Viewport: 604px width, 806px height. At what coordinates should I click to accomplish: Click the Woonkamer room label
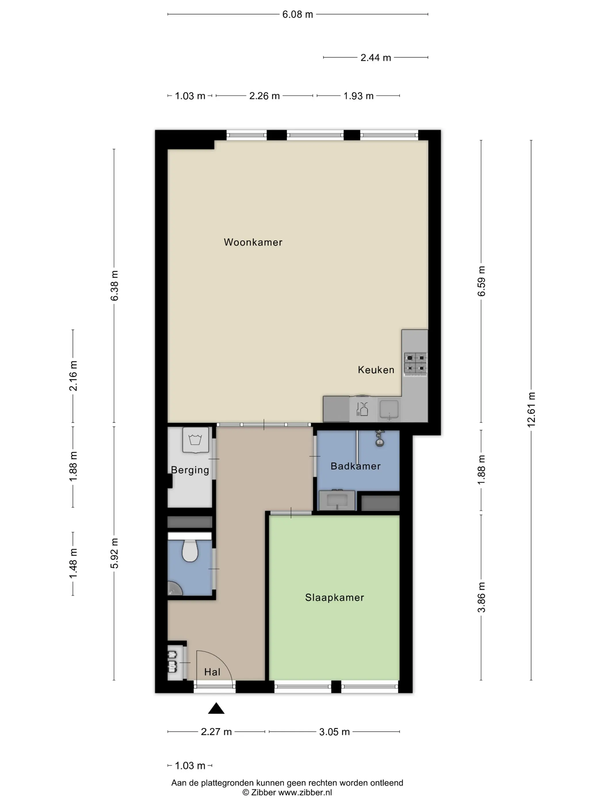coord(253,242)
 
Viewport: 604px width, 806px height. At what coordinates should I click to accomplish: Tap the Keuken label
coord(376,370)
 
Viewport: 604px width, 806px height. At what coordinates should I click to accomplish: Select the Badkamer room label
coord(356,466)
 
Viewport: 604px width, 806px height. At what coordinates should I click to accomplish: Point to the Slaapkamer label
coord(335,598)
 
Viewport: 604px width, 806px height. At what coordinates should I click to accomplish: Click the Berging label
coord(190,470)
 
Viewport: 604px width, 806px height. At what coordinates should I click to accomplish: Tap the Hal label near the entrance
coord(212,672)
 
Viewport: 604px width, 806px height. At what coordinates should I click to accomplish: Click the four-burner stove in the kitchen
coord(415,364)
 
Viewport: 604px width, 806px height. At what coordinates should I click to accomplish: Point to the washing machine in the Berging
coord(196,440)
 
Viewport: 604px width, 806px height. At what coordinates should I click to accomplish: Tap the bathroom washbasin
coord(337,500)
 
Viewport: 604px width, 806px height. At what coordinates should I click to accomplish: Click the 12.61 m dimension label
coord(531,410)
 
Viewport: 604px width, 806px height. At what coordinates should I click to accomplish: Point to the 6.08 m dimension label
coord(298,15)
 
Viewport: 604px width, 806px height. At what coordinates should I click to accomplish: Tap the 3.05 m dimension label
coord(335,732)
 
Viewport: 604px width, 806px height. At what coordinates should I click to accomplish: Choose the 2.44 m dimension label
coord(376,58)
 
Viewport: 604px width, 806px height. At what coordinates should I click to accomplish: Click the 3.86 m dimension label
coord(481,598)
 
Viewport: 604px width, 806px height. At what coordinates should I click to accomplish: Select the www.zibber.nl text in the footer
coord(305,792)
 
